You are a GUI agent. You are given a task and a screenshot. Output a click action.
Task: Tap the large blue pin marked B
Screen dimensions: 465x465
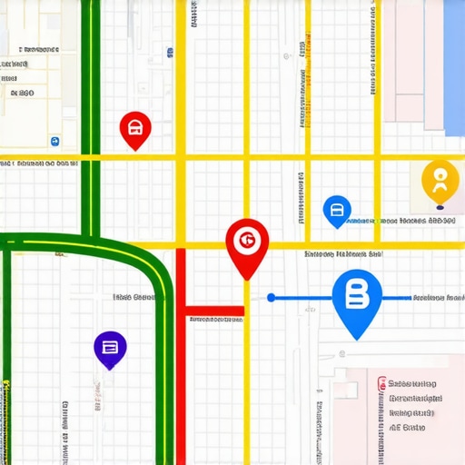pos(358,298)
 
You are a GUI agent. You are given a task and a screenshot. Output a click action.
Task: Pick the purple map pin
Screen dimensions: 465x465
pos(110,349)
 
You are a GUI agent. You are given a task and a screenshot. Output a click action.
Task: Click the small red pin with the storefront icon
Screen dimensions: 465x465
pos(135,129)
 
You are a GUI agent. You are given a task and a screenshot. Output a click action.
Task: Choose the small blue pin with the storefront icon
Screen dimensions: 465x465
pos(337,211)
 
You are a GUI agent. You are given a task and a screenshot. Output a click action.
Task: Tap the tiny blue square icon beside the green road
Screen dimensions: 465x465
pos(55,142)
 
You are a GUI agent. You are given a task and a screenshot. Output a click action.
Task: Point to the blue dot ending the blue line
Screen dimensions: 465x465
pos(271,297)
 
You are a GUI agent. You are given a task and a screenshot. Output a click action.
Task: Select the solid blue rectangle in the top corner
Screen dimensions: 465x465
pos(454,64)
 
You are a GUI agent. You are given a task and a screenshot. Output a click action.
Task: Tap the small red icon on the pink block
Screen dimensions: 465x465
pos(381,384)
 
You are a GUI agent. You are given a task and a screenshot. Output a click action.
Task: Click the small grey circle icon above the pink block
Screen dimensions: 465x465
pos(342,355)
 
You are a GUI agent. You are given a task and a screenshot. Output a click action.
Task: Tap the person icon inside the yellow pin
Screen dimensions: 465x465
pos(440,178)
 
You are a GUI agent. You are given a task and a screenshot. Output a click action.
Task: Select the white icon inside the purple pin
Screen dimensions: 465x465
pos(110,346)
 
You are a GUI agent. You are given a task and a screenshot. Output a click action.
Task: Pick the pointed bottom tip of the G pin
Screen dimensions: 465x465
pos(247,278)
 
